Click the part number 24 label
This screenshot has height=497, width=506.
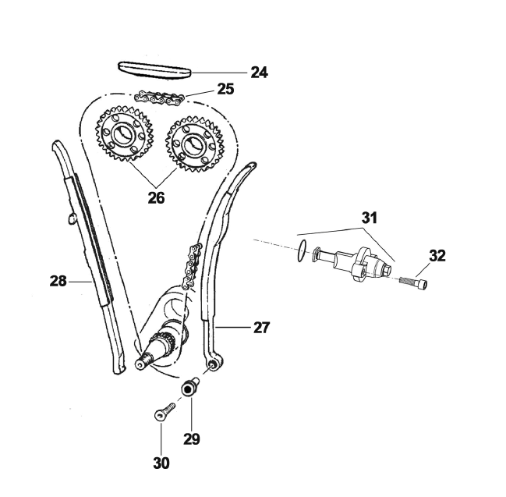pos(259,73)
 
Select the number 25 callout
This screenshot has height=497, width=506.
pos(225,89)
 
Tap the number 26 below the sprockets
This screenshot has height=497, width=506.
pos(156,197)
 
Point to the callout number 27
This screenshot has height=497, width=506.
pos(261,328)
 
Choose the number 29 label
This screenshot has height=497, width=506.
pos(192,438)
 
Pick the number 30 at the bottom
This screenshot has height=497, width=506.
pos(161,462)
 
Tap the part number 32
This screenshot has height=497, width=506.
pos(437,255)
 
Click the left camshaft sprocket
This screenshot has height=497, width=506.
pos(123,135)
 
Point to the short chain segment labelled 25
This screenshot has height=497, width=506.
pos(160,98)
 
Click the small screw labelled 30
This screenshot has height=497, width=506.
pos(161,411)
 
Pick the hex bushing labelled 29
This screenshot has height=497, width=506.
pos(189,388)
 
